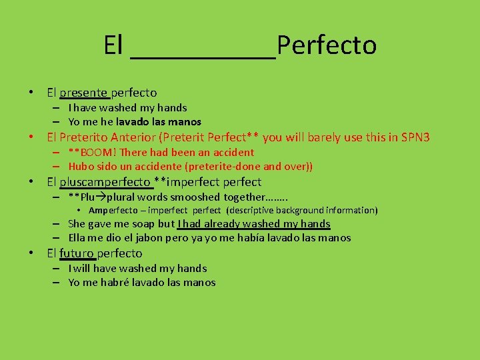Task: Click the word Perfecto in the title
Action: point(327,45)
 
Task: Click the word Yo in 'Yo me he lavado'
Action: point(74,122)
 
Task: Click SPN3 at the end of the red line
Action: point(415,138)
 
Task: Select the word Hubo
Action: point(81,167)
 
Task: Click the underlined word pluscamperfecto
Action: point(105,182)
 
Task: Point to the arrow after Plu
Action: point(101,197)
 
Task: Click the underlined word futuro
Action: point(77,253)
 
